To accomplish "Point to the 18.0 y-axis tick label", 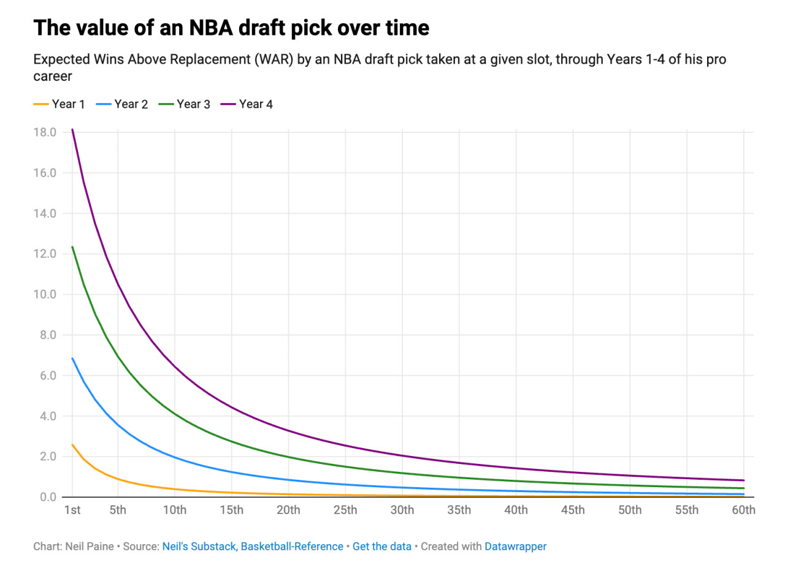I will point(45,132).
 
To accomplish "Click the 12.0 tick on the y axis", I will point(45,254).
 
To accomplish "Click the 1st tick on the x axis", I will point(72,510).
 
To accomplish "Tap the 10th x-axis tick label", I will point(175,510).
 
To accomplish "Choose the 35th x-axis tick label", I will point(459,510).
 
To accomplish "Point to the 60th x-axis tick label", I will point(743,510).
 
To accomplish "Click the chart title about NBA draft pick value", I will point(231,29).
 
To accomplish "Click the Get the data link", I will point(382,546).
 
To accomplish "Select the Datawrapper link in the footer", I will point(515,546).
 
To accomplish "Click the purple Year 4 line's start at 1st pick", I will point(72,130).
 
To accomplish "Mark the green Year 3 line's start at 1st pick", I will point(72,247).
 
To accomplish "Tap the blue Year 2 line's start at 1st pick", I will point(72,358).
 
